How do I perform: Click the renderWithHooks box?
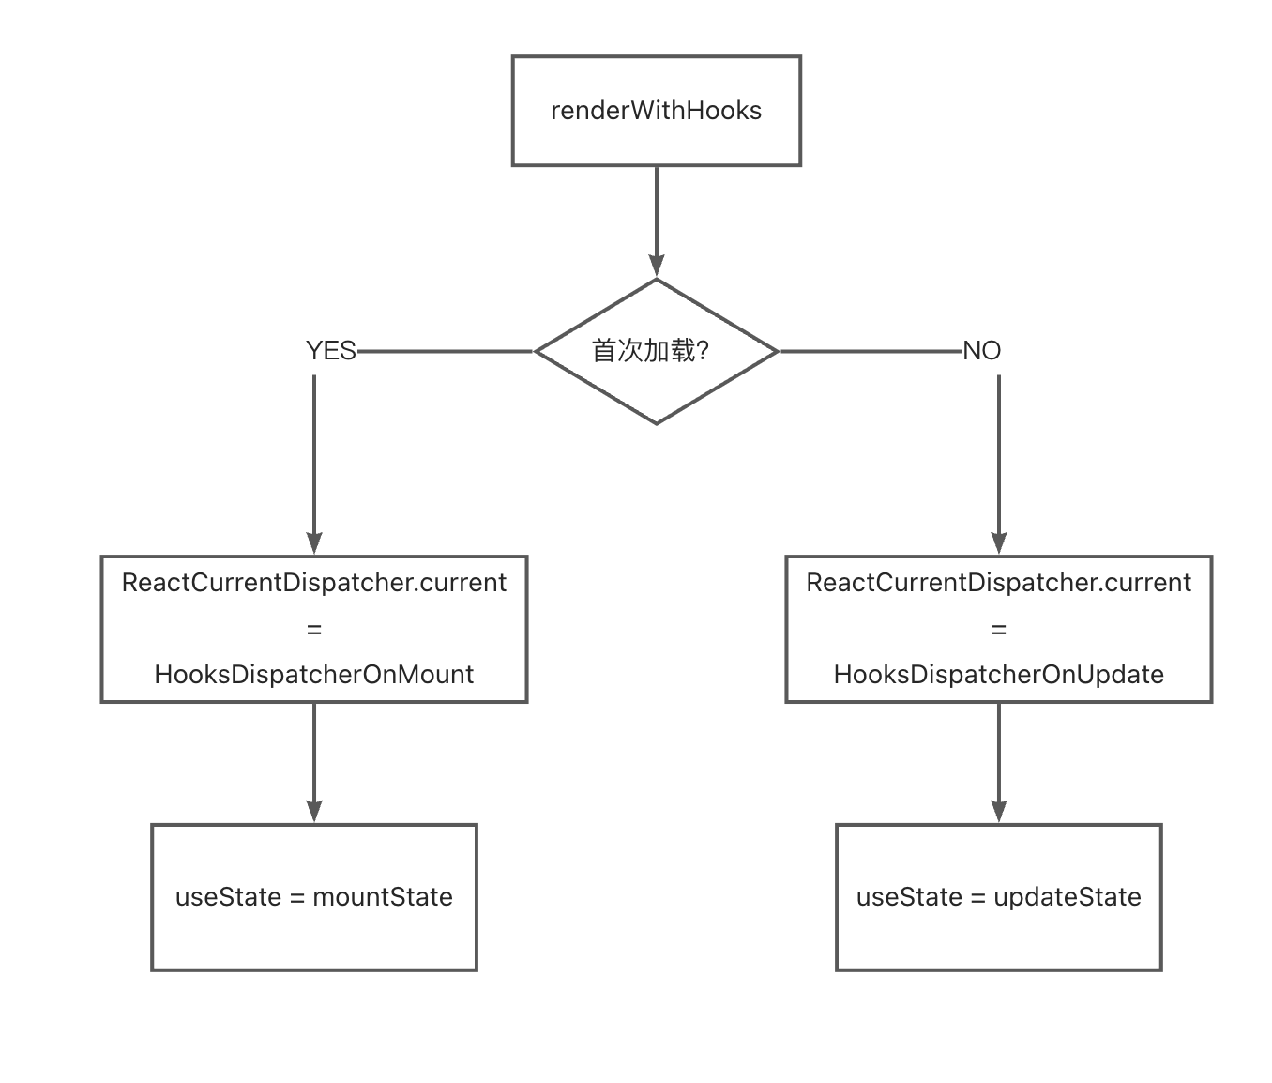tap(656, 111)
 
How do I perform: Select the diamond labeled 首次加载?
tap(656, 351)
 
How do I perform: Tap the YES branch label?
tap(331, 351)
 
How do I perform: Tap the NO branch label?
tap(982, 351)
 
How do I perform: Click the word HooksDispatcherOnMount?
tap(314, 675)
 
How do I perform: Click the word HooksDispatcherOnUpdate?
tap(998, 675)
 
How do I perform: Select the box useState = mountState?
tap(314, 897)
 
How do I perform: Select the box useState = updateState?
tap(998, 897)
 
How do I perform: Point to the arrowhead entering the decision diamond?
tap(657, 266)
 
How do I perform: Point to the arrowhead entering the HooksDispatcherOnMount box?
tap(314, 543)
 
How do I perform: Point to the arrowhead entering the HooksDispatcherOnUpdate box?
tap(999, 543)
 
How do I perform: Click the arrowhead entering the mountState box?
tap(314, 812)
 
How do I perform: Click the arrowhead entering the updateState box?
tap(999, 812)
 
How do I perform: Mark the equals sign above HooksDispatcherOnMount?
tap(314, 630)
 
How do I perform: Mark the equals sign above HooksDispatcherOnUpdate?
tap(998, 630)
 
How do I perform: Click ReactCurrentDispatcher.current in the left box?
tap(314, 583)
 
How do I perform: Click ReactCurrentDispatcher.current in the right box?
tap(998, 583)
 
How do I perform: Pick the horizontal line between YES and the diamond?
tap(446, 352)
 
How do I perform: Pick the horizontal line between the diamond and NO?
tap(871, 352)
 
